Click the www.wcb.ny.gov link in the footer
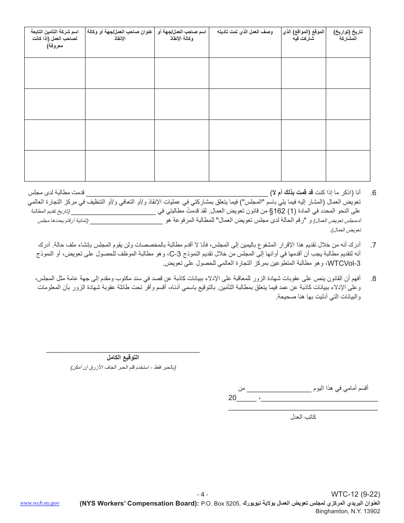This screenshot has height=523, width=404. [x=40, y=503]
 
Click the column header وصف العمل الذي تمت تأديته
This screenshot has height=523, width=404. [x=245, y=32]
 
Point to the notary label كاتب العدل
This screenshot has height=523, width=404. [x=303, y=417]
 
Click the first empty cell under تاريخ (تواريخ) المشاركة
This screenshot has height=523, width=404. [x=347, y=73]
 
